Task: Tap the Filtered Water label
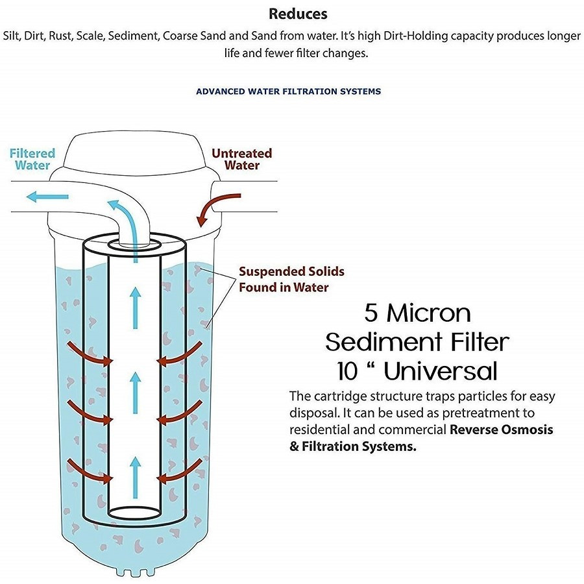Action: click(x=32, y=160)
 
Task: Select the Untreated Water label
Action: click(x=242, y=160)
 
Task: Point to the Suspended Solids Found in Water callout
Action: click(x=291, y=279)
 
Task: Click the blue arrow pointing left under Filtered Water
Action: click(x=49, y=196)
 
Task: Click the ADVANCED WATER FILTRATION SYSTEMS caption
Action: click(x=288, y=91)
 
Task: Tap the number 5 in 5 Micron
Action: click(x=371, y=313)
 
